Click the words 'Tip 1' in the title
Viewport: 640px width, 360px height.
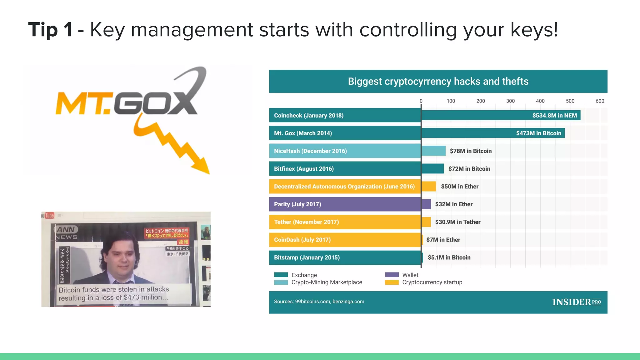coord(51,30)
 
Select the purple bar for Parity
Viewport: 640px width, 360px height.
coord(426,204)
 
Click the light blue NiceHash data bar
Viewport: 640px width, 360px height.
coord(433,151)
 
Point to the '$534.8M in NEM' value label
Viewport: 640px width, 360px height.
coord(554,116)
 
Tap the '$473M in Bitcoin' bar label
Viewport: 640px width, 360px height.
coord(538,133)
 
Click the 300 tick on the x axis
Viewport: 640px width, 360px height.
coord(510,101)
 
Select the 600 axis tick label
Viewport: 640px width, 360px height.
coord(600,101)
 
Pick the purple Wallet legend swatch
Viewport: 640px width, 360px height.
coord(392,275)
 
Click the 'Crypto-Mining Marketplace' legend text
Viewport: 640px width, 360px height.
coord(327,282)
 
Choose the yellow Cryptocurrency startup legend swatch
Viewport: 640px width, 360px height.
coord(392,282)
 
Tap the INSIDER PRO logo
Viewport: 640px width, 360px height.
coord(577,302)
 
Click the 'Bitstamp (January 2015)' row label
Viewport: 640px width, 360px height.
coord(307,258)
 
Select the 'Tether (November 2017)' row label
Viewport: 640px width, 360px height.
coord(306,222)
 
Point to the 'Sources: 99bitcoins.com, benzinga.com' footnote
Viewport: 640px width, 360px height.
coord(319,302)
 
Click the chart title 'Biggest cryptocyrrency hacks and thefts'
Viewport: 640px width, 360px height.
coord(438,82)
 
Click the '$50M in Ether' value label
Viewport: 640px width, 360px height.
coord(459,187)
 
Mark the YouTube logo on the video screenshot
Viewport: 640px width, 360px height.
coord(49,215)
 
